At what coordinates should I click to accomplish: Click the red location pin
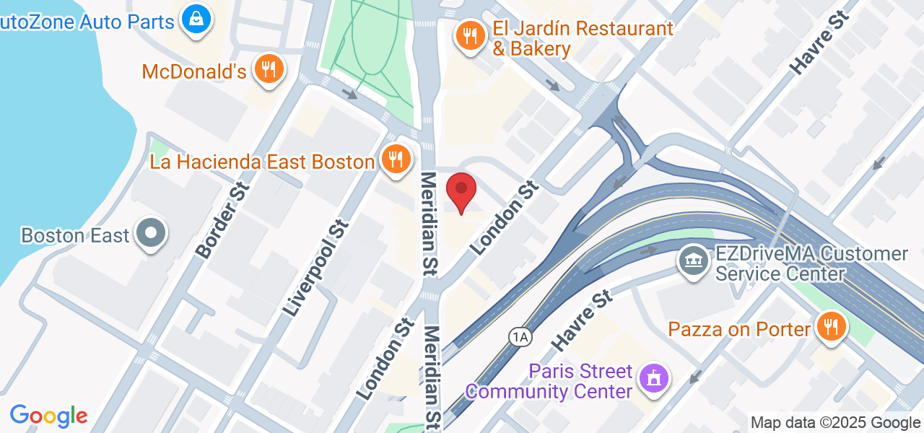click(x=461, y=191)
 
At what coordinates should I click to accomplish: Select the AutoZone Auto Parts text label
click(x=87, y=22)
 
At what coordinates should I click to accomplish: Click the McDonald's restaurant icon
click(x=269, y=69)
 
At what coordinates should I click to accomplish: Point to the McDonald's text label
click(x=194, y=71)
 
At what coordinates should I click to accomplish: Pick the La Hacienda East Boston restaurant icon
click(x=395, y=158)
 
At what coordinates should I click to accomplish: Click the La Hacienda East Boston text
click(x=262, y=162)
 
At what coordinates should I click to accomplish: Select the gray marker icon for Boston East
click(x=151, y=233)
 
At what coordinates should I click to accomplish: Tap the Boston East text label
click(x=75, y=235)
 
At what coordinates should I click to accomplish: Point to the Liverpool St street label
click(x=315, y=268)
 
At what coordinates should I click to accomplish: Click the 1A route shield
click(x=519, y=336)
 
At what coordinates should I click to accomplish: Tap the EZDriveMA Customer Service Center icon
click(x=694, y=260)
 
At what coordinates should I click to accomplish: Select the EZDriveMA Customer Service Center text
click(x=811, y=264)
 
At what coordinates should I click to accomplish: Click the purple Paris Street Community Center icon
click(x=654, y=377)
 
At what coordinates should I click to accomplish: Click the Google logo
click(x=48, y=416)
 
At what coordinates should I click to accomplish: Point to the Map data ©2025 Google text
click(x=835, y=423)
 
